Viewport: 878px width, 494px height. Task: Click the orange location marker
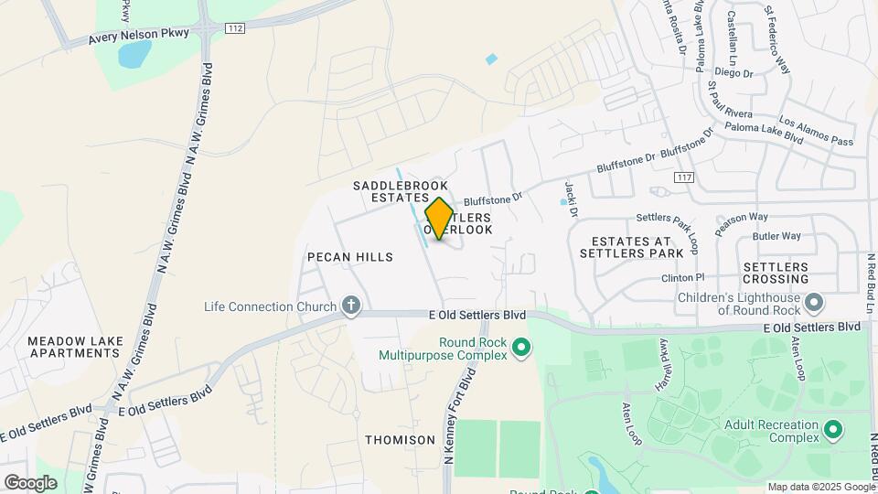click(440, 219)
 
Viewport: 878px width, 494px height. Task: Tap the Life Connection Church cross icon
click(350, 306)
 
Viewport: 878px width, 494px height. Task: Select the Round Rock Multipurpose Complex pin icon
click(521, 347)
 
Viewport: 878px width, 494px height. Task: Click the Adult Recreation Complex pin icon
click(832, 429)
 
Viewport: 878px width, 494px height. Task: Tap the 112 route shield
click(235, 29)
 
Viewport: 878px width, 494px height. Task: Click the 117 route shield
click(682, 177)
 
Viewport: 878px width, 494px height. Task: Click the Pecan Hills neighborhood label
click(350, 257)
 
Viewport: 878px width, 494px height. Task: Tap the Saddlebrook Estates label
click(401, 191)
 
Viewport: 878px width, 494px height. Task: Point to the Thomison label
click(401, 440)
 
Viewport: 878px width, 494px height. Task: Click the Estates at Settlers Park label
click(631, 246)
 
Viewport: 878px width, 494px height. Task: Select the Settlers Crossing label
click(776, 273)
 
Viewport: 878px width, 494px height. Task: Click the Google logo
click(30, 483)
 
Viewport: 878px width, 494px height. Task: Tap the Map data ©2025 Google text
click(820, 487)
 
